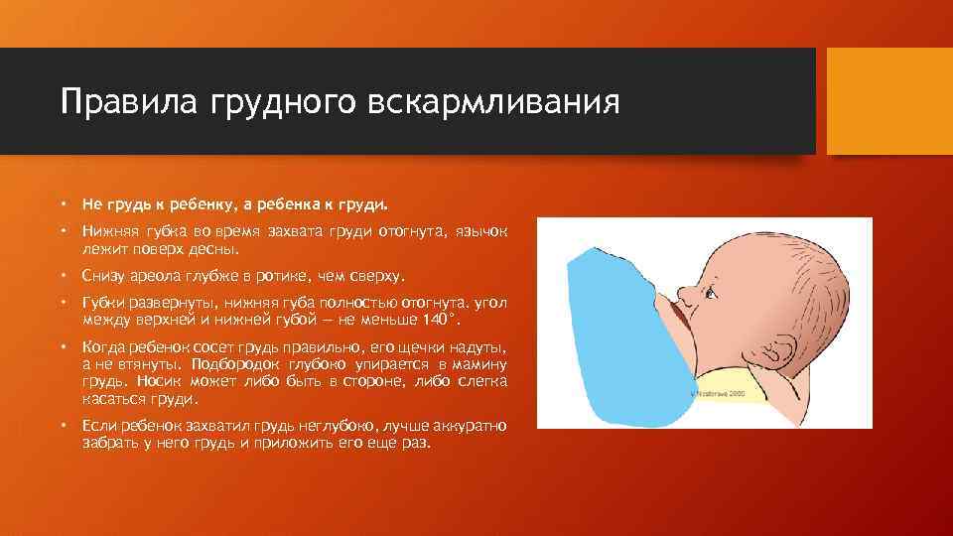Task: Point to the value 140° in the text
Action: [441, 320]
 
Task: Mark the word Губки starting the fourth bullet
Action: [103, 304]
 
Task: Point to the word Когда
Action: [106, 348]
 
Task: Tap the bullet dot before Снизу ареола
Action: [63, 275]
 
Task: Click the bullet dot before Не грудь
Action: [63, 203]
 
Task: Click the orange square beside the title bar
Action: [889, 100]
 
